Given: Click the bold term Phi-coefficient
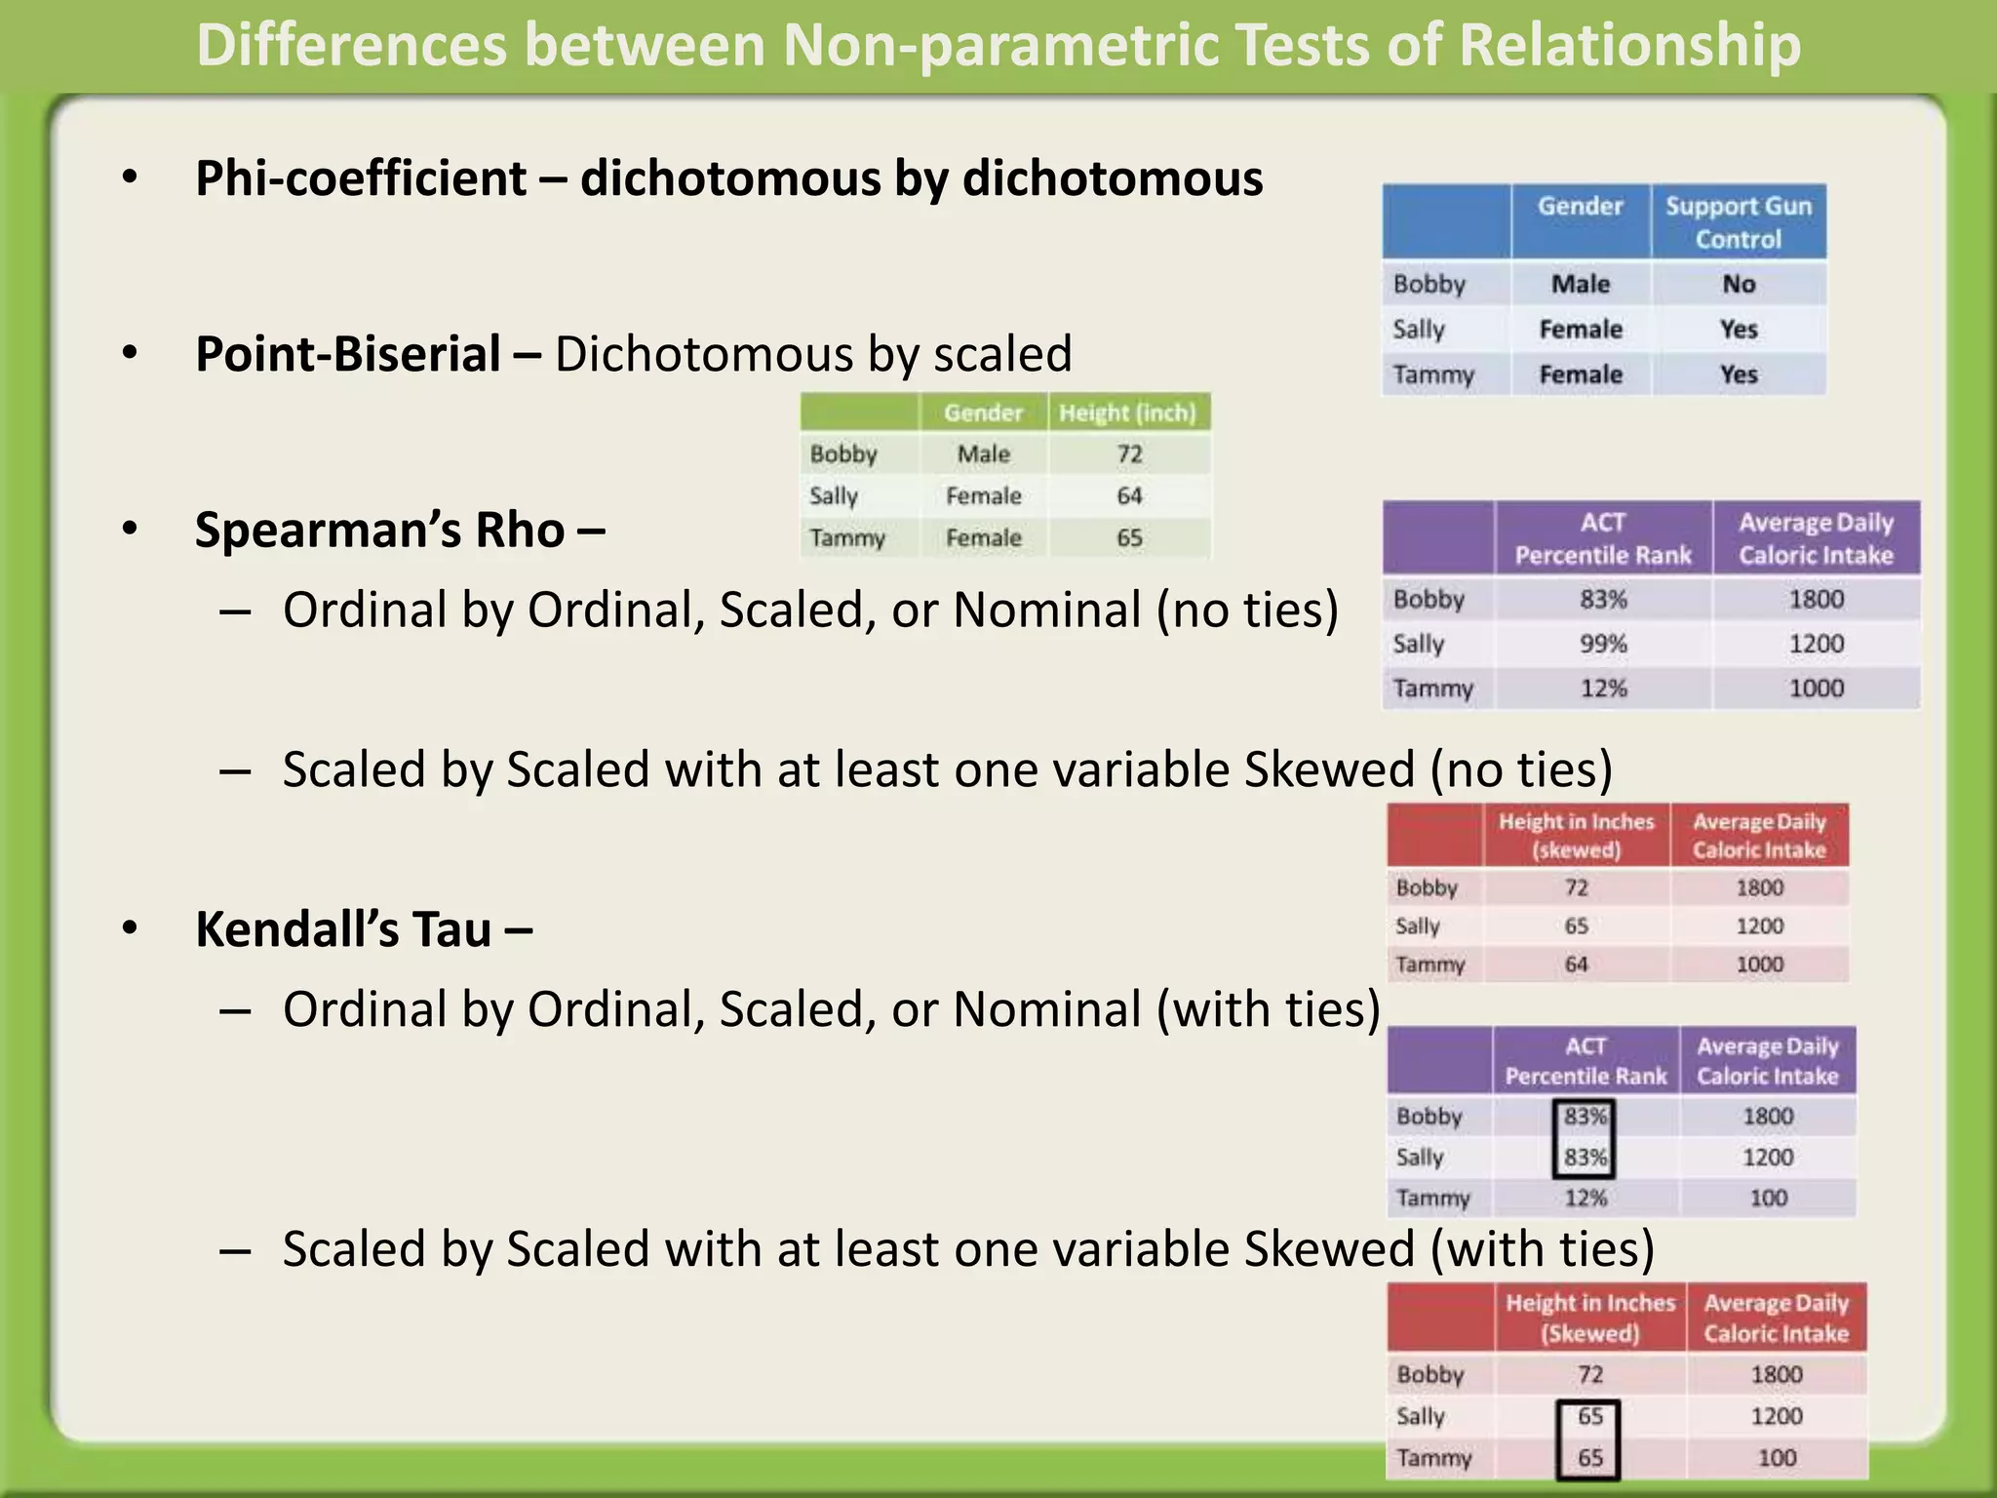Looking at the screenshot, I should [361, 178].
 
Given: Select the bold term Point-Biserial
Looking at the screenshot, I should [348, 354].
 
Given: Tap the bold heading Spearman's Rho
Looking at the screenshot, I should [379, 531].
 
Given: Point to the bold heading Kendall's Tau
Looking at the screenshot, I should [343, 929].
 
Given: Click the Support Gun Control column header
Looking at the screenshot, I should [1738, 222].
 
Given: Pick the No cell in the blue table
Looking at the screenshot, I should [1738, 284].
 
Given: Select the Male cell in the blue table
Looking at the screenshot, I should [1580, 284].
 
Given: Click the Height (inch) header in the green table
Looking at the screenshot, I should [1127, 413].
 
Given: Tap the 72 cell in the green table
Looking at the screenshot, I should [1129, 454].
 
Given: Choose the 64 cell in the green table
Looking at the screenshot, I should [1129, 496].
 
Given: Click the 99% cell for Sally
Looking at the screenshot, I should [1603, 644].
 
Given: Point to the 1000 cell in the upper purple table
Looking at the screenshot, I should [1816, 689].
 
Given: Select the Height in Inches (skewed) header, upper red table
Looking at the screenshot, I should [1576, 836].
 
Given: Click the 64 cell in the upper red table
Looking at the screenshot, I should [1576, 965].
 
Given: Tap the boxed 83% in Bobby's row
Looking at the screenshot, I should [1585, 1117].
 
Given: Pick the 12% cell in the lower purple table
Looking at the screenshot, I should [1585, 1199].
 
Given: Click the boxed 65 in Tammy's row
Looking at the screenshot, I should [1589, 1458].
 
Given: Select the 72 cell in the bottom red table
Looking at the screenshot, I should [1589, 1375].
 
